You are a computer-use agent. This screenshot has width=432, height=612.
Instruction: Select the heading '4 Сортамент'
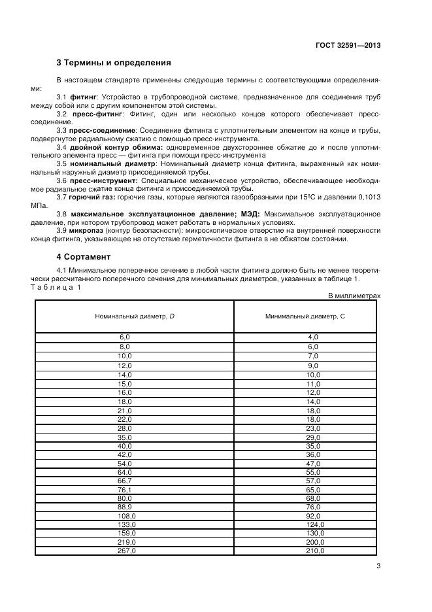84,257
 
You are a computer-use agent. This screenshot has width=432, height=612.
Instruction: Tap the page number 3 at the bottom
378,567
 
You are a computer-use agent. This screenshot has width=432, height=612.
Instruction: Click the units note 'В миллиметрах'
354,296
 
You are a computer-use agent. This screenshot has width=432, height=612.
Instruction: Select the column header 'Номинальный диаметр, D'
135,316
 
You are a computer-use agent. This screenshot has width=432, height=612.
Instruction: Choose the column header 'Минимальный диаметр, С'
305,316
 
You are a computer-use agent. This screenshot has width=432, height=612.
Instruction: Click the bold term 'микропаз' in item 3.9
88,231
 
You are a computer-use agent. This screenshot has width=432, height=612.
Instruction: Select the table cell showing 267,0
124,551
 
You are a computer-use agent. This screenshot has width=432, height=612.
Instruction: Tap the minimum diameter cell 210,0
314,551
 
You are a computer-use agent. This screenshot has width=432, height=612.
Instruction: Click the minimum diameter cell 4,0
314,337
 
